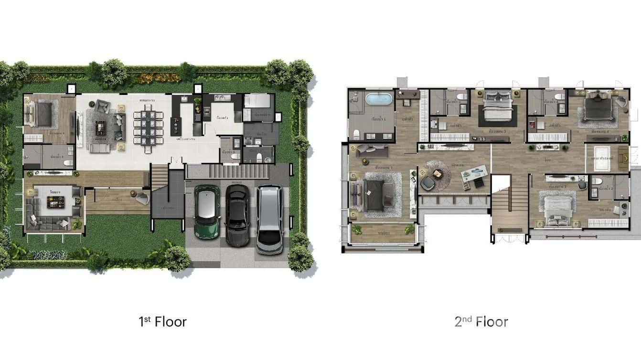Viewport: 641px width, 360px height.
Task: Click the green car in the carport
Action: coord(206,212)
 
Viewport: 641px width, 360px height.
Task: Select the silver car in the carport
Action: coord(269,220)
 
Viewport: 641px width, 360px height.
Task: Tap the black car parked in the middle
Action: coord(237,215)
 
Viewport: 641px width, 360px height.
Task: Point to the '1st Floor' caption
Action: coord(162,321)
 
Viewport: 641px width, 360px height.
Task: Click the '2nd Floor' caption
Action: coord(481,321)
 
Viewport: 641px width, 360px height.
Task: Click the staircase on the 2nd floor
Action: coord(510,208)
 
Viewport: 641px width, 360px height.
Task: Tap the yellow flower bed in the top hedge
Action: coord(152,78)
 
